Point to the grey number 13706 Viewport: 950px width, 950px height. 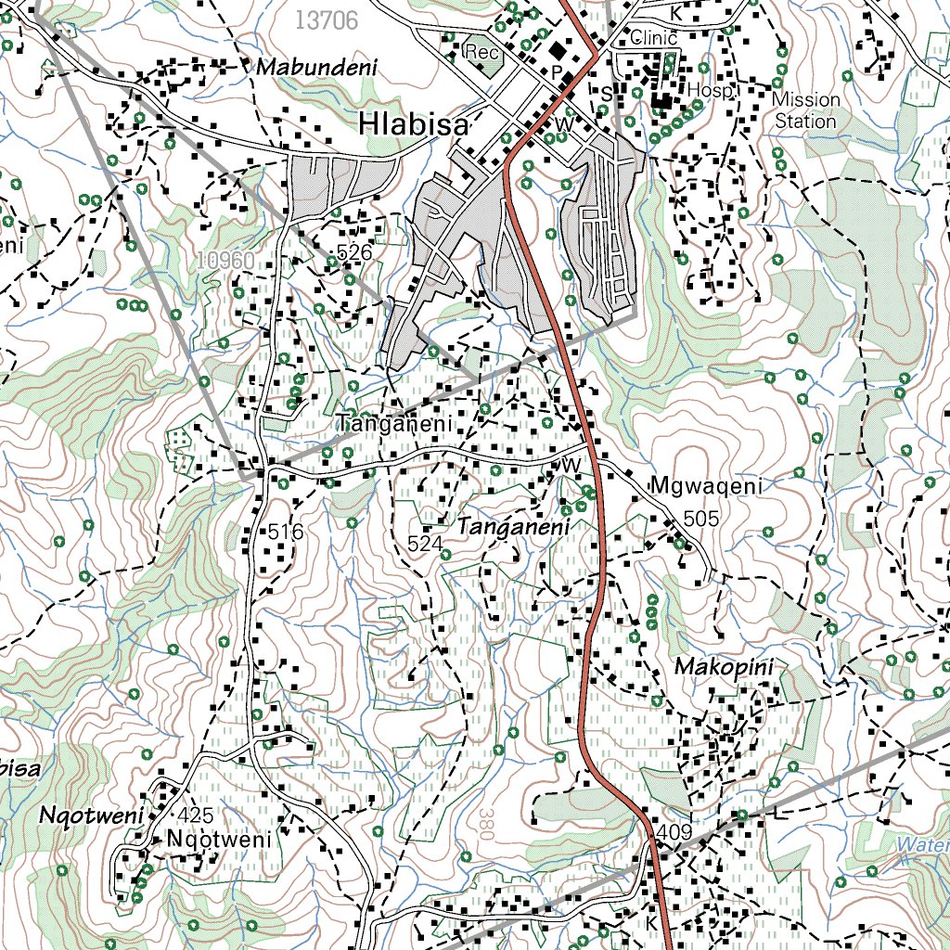point(327,20)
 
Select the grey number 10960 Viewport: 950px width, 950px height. point(225,262)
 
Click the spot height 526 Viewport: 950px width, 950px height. point(354,252)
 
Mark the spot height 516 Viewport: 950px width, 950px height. point(286,533)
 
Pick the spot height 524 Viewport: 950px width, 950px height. point(425,544)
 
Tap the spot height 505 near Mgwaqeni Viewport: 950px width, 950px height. point(700,519)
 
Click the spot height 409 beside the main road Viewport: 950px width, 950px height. point(673,833)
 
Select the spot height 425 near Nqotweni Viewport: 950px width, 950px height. point(195,815)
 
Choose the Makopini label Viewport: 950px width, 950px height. point(724,667)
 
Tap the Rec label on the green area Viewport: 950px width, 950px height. point(482,52)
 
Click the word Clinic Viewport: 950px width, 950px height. point(653,38)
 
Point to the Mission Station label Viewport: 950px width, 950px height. point(805,109)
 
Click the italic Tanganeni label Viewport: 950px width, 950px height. point(512,527)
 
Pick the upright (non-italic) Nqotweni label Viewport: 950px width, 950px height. point(220,840)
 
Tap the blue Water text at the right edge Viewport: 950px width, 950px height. point(923,844)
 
